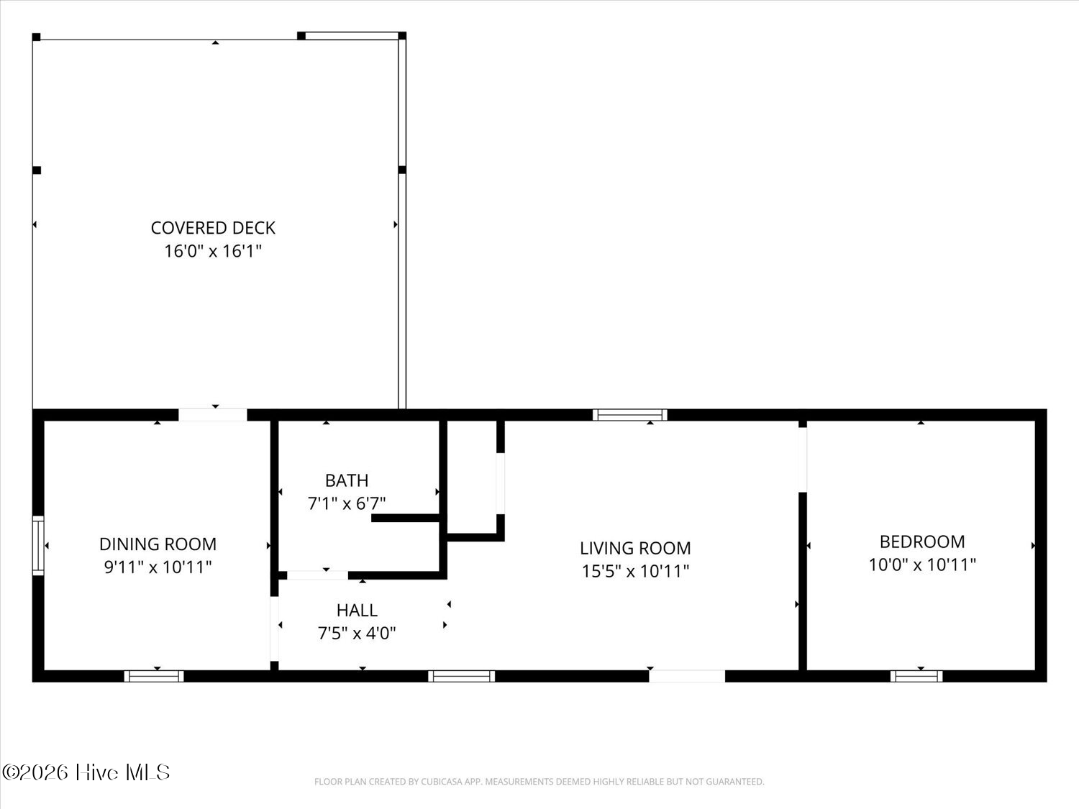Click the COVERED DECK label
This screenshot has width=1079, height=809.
click(213, 228)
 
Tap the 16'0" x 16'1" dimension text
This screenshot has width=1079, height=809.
click(213, 251)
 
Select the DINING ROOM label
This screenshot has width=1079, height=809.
click(158, 544)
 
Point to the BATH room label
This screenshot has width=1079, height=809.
click(347, 480)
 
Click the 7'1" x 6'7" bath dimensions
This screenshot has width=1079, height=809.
click(347, 503)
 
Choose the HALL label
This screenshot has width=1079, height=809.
click(357, 610)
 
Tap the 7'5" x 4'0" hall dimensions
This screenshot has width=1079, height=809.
click(357, 633)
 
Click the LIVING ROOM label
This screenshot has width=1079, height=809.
click(635, 548)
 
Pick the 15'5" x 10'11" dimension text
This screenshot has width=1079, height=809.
click(635, 571)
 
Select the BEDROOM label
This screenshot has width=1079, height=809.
click(922, 541)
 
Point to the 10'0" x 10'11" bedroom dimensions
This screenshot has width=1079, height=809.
click(922, 565)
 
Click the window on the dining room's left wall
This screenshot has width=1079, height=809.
click(38, 545)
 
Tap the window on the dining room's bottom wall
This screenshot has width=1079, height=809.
click(154, 677)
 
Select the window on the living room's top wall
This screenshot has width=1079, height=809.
click(629, 415)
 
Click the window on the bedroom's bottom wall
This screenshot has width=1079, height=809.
click(916, 677)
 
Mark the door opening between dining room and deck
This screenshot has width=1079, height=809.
click(212, 415)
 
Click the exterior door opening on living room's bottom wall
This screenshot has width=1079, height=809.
click(687, 677)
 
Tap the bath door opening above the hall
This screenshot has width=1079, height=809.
click(317, 575)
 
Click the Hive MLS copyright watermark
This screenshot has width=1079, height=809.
click(86, 772)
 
